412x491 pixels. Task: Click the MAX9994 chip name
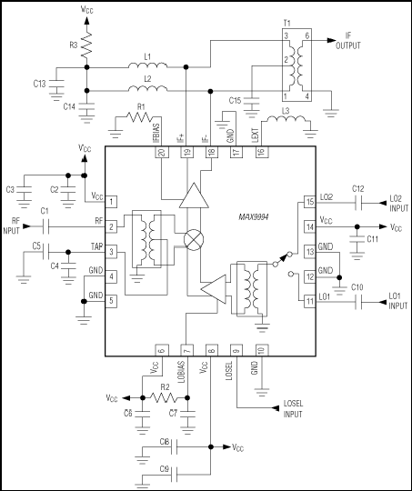coord(254,217)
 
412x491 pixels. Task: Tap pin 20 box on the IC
coord(162,152)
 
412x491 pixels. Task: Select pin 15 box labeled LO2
coord(310,202)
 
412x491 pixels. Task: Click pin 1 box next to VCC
coord(111,201)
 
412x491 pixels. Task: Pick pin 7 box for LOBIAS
coord(186,350)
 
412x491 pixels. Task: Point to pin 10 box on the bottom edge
coord(262,350)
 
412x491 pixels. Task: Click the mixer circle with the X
coord(194,239)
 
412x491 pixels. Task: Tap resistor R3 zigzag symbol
coord(86,45)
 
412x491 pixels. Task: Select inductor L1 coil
coord(147,65)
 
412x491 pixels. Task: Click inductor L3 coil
coord(286,120)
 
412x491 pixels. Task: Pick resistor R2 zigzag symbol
coord(163,397)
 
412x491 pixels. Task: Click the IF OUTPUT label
coord(348,41)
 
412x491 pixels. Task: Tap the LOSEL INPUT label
coord(293,408)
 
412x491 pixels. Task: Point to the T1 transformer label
coord(286,23)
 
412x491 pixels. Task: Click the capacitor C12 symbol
coord(358,204)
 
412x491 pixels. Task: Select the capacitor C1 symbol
coord(45,226)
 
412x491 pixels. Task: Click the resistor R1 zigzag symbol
coord(140,116)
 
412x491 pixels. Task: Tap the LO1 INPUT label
coord(397,301)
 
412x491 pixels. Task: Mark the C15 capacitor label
coord(235,101)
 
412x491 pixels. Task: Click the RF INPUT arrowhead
coord(27,226)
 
